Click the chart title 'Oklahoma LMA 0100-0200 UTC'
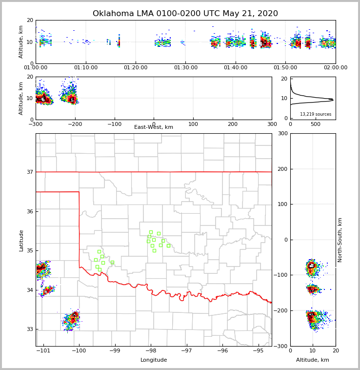click(x=185, y=14)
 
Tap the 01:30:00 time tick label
click(x=185, y=67)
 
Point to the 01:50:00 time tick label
click(x=285, y=67)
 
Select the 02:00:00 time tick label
click(x=335, y=67)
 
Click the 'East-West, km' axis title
click(x=154, y=127)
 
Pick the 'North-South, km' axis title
click(x=340, y=240)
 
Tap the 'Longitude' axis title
click(x=154, y=360)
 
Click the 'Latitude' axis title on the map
click(x=21, y=240)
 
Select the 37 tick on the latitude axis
click(x=29, y=172)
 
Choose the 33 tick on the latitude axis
click(x=29, y=329)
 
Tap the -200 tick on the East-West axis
click(x=75, y=124)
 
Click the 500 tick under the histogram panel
click(x=316, y=124)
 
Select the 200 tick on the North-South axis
click(x=282, y=169)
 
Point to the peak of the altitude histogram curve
click(x=333, y=100)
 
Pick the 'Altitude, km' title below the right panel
click(x=313, y=360)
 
